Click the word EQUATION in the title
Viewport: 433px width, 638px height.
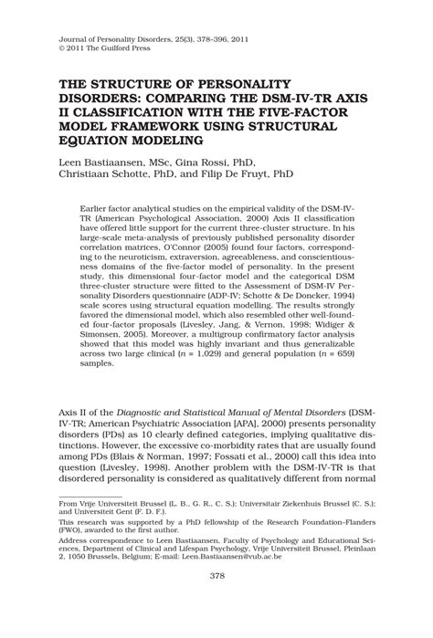point(92,141)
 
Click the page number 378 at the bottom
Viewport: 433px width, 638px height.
point(216,601)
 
